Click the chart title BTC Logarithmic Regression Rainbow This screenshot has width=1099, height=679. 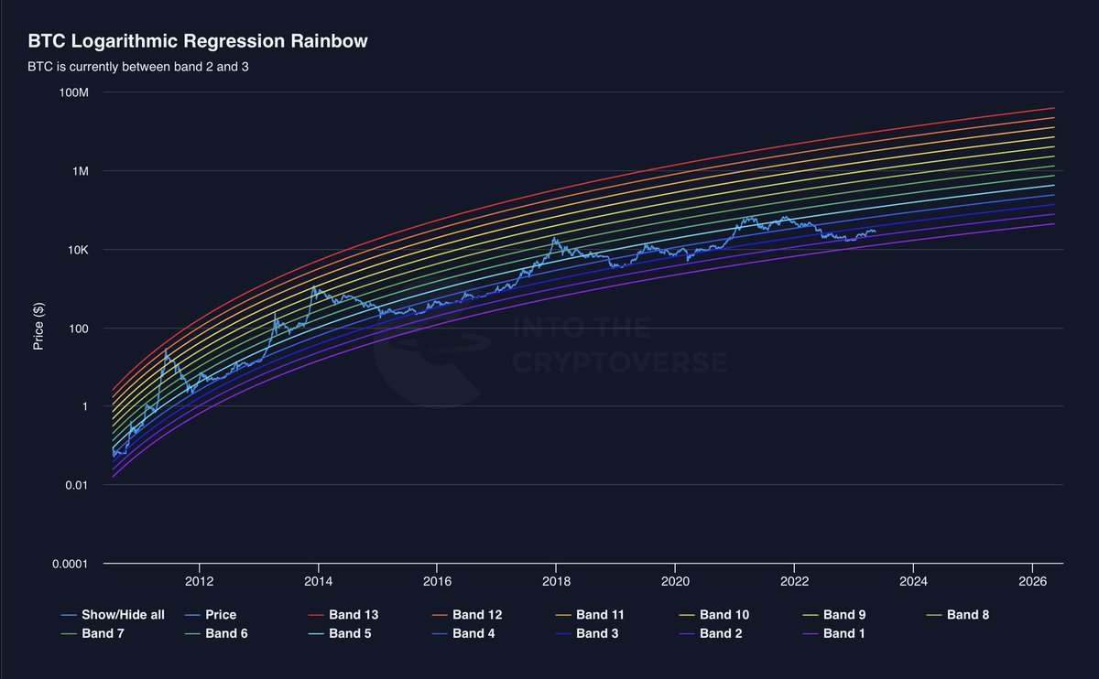198,42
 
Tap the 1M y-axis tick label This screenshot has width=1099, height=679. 81,172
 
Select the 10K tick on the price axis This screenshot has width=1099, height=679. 77,250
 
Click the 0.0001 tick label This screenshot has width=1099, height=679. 70,564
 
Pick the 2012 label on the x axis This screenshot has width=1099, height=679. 199,582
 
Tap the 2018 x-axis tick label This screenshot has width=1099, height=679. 556,582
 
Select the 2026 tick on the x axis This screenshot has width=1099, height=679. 1032,582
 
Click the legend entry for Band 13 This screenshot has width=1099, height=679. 353,615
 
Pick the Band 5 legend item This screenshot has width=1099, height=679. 349,633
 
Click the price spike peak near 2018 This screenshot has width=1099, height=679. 554,238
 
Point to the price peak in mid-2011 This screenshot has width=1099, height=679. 166,350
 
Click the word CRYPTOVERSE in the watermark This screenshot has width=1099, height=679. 620,362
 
